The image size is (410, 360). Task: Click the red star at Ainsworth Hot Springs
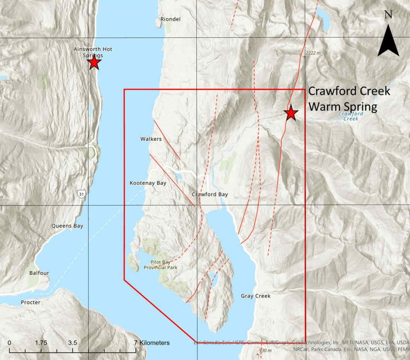[x=94, y=62]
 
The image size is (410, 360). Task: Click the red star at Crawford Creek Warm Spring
[x=291, y=113]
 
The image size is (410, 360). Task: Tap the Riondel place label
[x=171, y=19]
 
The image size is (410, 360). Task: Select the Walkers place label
[x=151, y=139]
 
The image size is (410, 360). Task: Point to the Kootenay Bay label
[x=148, y=183]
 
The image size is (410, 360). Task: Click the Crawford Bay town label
[x=210, y=194]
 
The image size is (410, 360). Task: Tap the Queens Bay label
[x=67, y=226]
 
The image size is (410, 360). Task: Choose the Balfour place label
[x=39, y=273]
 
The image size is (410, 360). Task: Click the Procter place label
[x=31, y=302]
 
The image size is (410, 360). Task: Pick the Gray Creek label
[x=256, y=296]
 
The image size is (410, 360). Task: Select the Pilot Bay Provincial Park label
[x=161, y=265]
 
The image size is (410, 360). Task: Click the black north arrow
[x=388, y=41]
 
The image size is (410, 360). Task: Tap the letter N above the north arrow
[x=388, y=14]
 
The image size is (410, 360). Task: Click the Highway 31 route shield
[x=81, y=193]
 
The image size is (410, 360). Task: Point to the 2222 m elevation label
[x=313, y=53]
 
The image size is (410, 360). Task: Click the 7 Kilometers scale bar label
[x=152, y=343]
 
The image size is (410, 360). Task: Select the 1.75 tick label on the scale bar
[x=41, y=343]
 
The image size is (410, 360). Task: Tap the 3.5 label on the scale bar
[x=72, y=343]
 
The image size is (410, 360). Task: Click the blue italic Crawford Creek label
[x=351, y=116]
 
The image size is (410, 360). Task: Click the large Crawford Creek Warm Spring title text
[x=348, y=99]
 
